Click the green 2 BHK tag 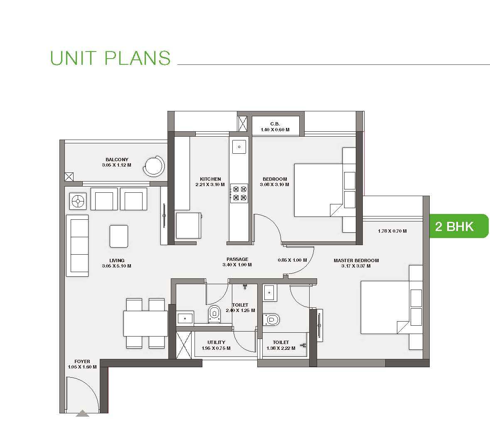(x=459, y=226)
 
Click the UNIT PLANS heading (x=110, y=58)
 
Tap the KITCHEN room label (x=210, y=179)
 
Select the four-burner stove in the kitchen (x=239, y=193)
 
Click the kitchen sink (x=239, y=147)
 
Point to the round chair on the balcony (x=154, y=166)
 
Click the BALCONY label (x=117, y=160)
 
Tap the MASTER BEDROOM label (x=356, y=260)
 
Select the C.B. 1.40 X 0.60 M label (x=275, y=127)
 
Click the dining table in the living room (x=145, y=323)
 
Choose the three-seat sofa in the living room (x=77, y=246)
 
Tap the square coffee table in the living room (x=119, y=236)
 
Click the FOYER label (x=82, y=361)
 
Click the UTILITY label (x=216, y=342)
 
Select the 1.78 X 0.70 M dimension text (x=392, y=231)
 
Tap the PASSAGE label (x=237, y=259)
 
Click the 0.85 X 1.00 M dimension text (x=292, y=260)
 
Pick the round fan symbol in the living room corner (x=78, y=201)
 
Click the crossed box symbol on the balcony (x=69, y=177)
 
